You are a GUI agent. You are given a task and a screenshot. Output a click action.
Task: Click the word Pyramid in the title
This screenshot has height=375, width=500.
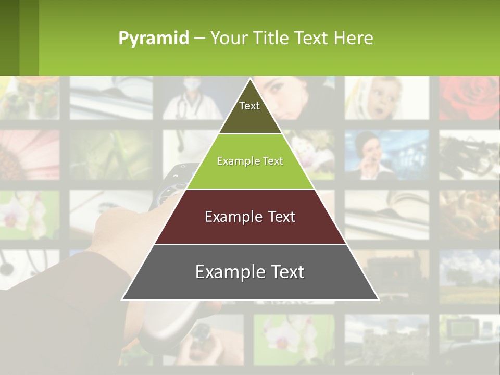point(153,39)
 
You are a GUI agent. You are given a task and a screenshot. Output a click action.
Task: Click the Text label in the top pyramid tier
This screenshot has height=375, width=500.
point(249,106)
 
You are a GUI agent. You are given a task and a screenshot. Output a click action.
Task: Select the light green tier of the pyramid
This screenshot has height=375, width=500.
point(250,172)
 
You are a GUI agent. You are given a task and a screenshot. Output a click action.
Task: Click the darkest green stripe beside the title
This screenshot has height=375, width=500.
point(9,37)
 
